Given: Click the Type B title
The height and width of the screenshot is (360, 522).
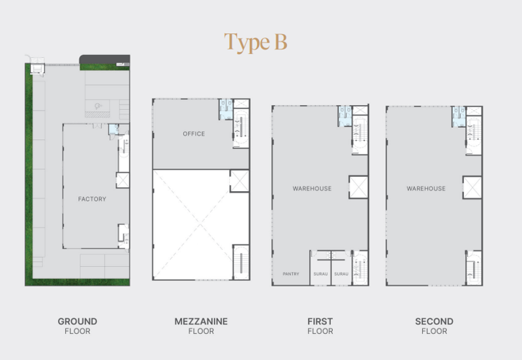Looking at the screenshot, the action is point(255,42).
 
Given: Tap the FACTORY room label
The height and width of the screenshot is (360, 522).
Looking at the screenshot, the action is point(92,199).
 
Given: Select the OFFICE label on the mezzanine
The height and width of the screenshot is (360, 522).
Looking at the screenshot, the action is point(194,134).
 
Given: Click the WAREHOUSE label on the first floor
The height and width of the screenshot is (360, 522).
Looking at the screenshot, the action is point(312,188).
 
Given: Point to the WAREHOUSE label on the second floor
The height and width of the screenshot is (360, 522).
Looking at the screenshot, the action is point(426,188).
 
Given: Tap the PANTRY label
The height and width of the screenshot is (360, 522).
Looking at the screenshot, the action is point(291,274).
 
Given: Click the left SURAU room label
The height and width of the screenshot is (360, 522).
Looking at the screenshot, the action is point(320,274).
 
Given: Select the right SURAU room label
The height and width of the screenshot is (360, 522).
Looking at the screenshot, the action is point(341,274).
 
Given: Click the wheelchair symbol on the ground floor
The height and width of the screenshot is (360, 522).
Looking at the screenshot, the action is point(97,106).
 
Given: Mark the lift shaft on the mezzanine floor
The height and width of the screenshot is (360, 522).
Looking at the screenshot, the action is point(239,181).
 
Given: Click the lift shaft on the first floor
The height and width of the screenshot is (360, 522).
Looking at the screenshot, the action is point(358,187).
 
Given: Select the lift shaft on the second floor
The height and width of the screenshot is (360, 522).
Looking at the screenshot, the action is point(472,187).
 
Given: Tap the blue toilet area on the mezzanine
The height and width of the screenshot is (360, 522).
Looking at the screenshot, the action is point(226,109).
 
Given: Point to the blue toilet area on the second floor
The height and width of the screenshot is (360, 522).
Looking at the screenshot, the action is point(459,117).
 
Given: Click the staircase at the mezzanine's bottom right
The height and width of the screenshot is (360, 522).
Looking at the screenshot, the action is point(241,262).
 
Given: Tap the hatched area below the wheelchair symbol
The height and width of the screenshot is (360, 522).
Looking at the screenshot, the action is point(97,114).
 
